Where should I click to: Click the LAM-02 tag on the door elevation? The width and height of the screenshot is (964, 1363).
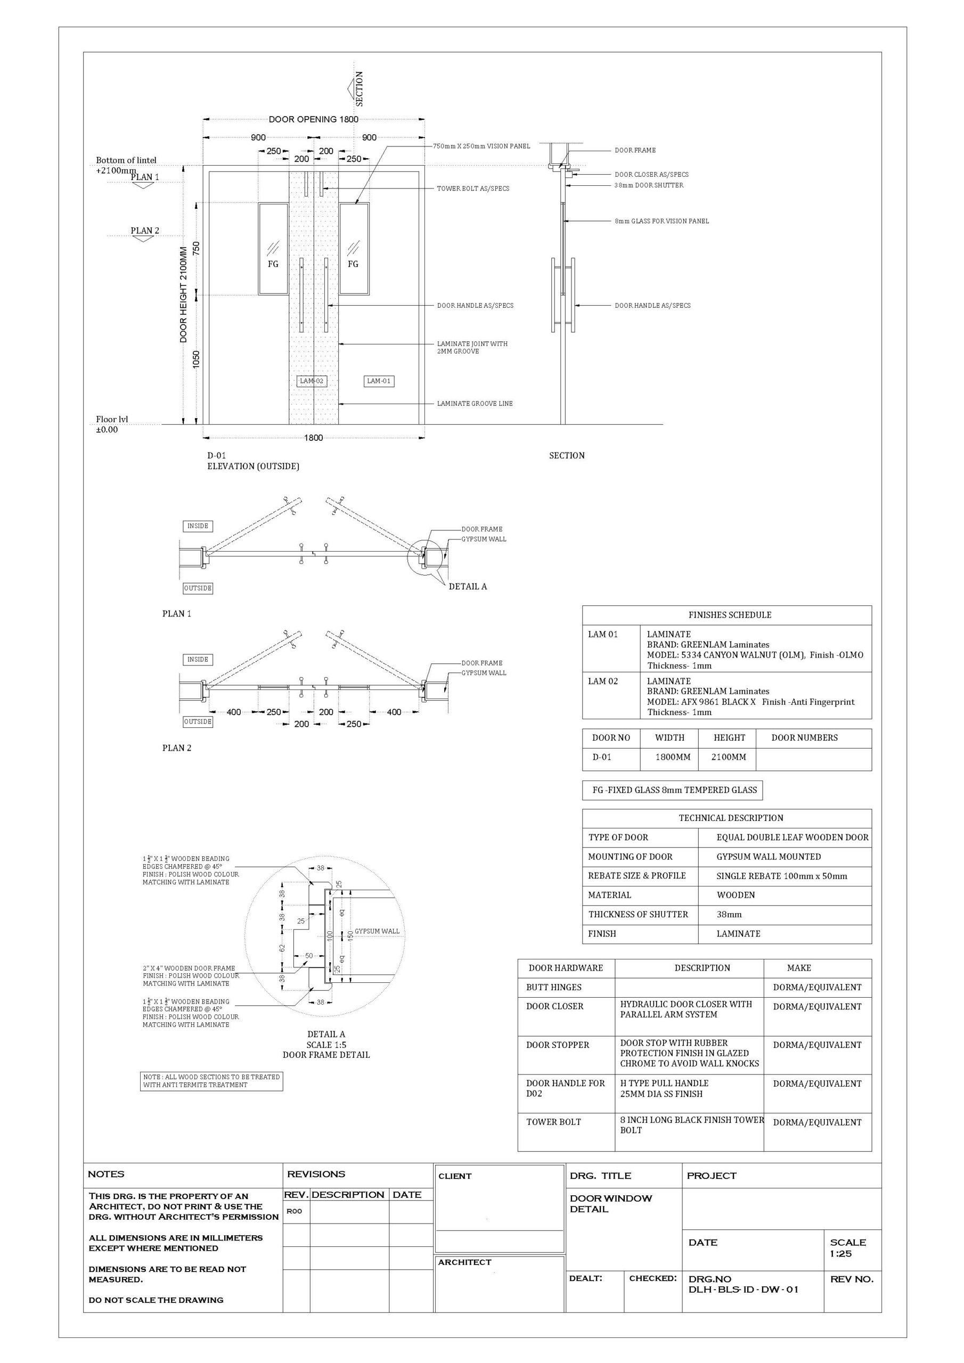(311, 381)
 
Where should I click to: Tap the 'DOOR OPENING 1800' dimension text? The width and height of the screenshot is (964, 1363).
(313, 119)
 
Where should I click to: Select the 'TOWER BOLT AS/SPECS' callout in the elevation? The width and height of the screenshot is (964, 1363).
(473, 189)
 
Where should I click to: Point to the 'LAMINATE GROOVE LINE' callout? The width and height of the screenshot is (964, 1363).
(475, 404)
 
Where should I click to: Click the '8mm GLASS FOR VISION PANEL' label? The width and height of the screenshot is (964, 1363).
(661, 221)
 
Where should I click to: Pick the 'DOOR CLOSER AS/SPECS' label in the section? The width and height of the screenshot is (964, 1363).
(651, 175)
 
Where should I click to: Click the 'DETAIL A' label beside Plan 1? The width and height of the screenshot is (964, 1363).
(468, 587)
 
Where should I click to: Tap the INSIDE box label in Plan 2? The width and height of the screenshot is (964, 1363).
(198, 660)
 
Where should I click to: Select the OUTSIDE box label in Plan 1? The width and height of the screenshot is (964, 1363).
(198, 588)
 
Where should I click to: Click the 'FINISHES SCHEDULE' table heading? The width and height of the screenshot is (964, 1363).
(729, 615)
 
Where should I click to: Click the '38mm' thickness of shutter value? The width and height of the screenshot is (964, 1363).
(729, 915)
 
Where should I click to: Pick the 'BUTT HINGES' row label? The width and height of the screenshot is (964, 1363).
(553, 987)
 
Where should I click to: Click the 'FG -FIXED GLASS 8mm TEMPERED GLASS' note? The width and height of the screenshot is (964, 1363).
(674, 790)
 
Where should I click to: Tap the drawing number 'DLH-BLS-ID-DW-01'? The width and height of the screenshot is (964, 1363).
(743, 1290)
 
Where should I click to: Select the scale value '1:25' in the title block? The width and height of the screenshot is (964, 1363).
(840, 1254)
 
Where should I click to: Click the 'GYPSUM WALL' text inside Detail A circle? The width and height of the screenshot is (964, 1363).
(377, 931)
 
